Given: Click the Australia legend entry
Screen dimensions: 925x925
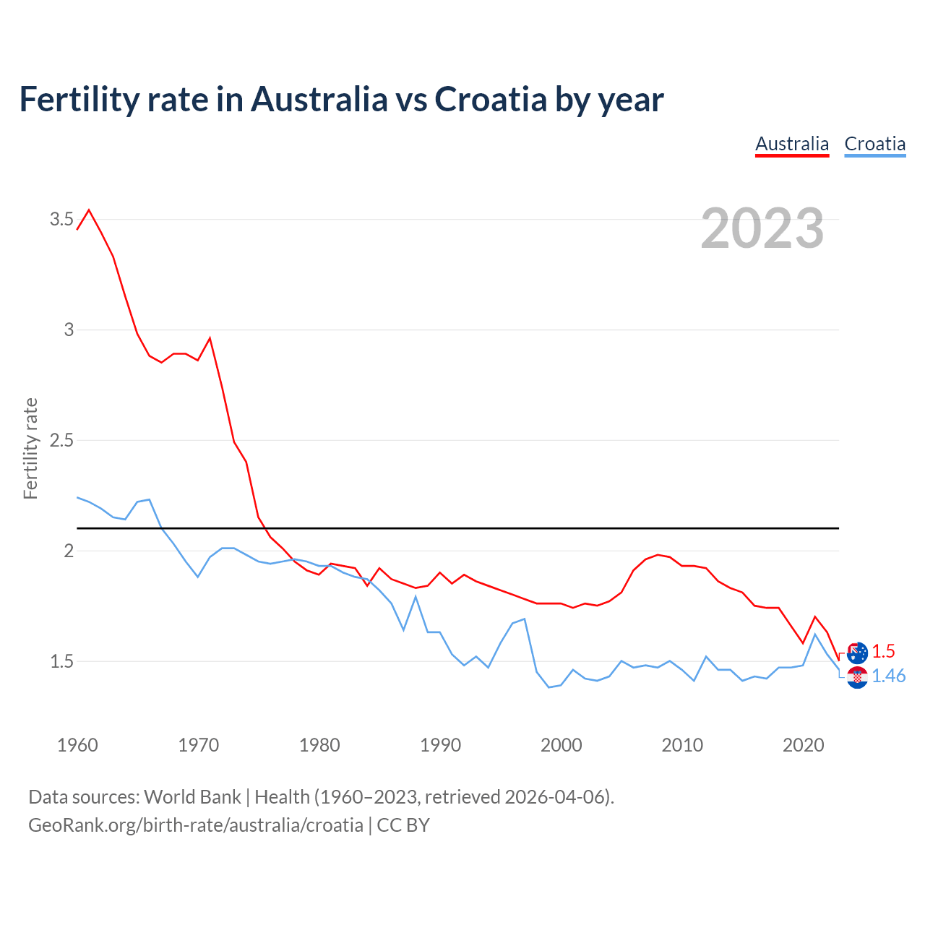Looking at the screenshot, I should [792, 144].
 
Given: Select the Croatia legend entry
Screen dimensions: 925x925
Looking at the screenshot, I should [874, 144].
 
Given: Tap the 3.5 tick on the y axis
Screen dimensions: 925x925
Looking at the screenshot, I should [61, 219].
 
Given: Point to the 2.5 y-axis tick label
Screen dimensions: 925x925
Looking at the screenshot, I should [61, 440].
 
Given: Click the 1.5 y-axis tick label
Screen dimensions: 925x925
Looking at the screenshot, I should [61, 661].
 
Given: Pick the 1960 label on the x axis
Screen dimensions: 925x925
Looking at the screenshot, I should [77, 745].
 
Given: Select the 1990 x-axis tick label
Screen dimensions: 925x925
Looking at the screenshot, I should [440, 745].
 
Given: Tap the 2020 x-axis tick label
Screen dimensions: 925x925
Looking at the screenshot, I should [803, 745].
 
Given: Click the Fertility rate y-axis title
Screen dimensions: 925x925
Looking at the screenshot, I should [30, 448].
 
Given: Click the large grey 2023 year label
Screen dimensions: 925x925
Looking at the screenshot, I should [762, 228].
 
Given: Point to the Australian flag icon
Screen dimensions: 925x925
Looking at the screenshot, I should [857, 653].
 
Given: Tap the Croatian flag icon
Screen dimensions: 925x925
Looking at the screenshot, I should [857, 677].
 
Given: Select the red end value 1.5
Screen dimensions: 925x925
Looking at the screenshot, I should [883, 651].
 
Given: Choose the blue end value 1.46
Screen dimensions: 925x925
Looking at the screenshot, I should [888, 676].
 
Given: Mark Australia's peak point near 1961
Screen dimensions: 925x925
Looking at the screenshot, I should [89, 210].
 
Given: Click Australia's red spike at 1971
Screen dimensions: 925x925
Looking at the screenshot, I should [210, 337].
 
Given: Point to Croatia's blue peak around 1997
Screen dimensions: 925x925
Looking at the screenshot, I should [524, 619].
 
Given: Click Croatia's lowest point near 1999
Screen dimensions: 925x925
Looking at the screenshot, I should [548, 687].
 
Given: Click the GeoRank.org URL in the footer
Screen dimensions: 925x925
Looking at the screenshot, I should [195, 825].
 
